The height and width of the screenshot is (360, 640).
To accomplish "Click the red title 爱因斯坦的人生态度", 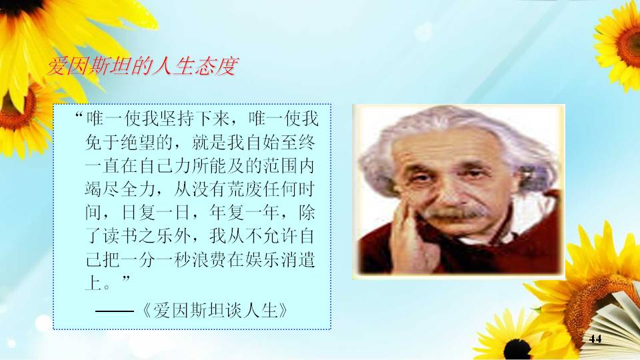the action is click(142, 66).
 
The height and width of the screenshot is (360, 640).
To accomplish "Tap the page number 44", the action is click(595, 339).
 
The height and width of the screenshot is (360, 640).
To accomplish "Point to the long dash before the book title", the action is click(115, 311).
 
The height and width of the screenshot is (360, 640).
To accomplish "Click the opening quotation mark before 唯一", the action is click(79, 115).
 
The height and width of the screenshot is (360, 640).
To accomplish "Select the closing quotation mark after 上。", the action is click(126, 279).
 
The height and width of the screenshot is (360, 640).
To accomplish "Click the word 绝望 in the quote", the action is click(139, 143).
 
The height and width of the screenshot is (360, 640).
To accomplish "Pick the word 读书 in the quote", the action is click(121, 236).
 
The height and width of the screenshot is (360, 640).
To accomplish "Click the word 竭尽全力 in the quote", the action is click(121, 189).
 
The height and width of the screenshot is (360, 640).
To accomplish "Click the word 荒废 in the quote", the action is click(245, 189).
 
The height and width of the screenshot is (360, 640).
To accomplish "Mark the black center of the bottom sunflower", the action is click(517, 350).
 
